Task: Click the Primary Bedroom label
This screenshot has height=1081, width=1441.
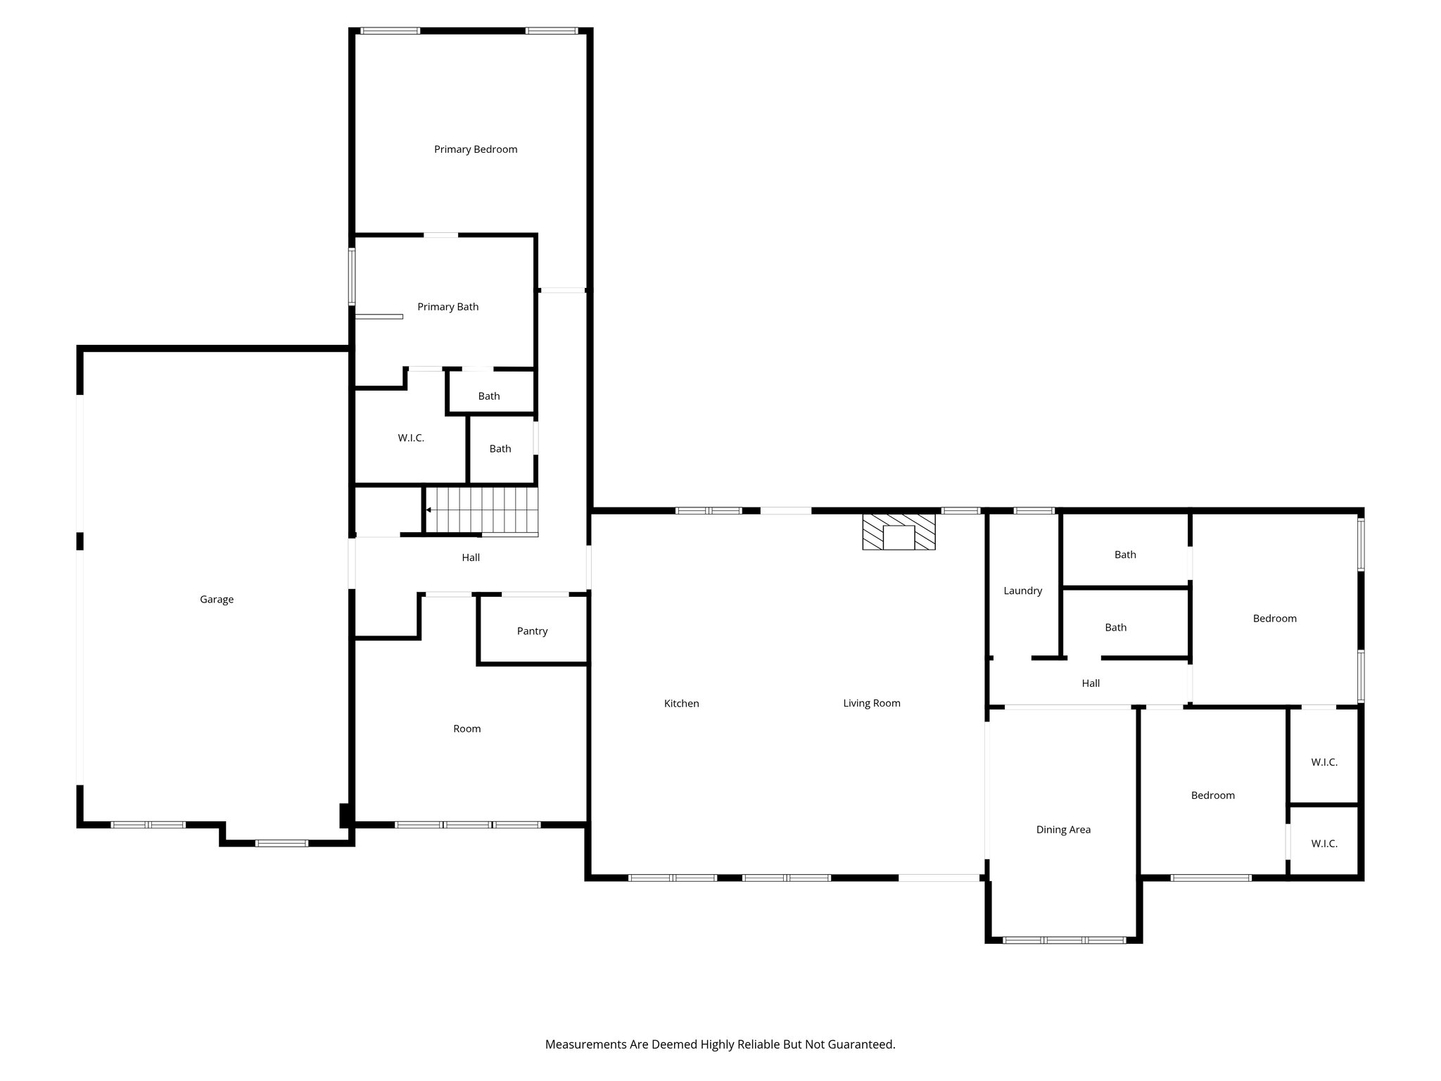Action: tap(476, 149)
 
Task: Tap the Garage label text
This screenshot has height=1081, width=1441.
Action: tap(217, 600)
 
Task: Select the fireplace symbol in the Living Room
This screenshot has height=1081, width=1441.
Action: tap(899, 532)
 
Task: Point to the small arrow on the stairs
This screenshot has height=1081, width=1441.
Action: tap(429, 510)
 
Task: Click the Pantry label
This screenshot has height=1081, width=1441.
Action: tap(532, 631)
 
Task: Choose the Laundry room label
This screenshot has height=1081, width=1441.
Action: tap(1022, 591)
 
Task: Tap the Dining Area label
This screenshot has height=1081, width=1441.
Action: tap(1063, 830)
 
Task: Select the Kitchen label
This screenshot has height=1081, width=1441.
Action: tap(681, 704)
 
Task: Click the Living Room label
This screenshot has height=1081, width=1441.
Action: tap(871, 703)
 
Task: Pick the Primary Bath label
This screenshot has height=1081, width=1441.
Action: tap(447, 307)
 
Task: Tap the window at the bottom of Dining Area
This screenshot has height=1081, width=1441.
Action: tap(1064, 940)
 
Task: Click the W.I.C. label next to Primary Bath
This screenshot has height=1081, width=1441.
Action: tap(411, 438)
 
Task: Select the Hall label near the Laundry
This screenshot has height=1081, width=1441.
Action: tap(1091, 683)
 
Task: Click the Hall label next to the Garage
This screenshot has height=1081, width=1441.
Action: tap(471, 557)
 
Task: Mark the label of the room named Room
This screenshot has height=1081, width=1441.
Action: tap(466, 729)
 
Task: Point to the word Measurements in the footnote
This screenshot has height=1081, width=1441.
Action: tap(585, 1044)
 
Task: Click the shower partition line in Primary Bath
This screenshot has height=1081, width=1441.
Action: tap(379, 317)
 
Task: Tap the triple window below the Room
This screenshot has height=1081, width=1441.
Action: tap(467, 824)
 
